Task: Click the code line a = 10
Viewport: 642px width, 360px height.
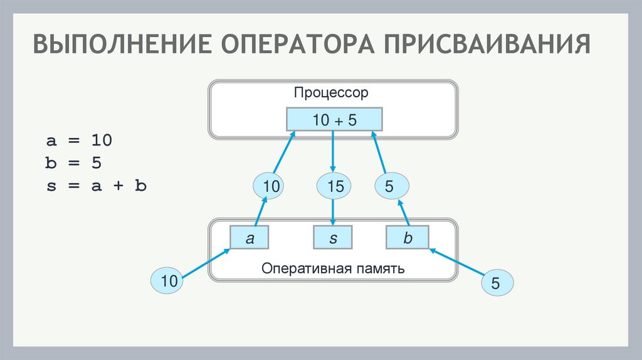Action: point(79,140)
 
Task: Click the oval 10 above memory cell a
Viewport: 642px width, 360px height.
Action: point(269,186)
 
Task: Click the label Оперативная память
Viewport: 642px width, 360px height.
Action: point(333,268)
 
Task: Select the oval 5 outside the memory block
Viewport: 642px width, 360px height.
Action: point(497,284)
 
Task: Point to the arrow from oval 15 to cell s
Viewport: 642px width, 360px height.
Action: point(333,212)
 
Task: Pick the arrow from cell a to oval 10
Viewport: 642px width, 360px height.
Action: point(260,211)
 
